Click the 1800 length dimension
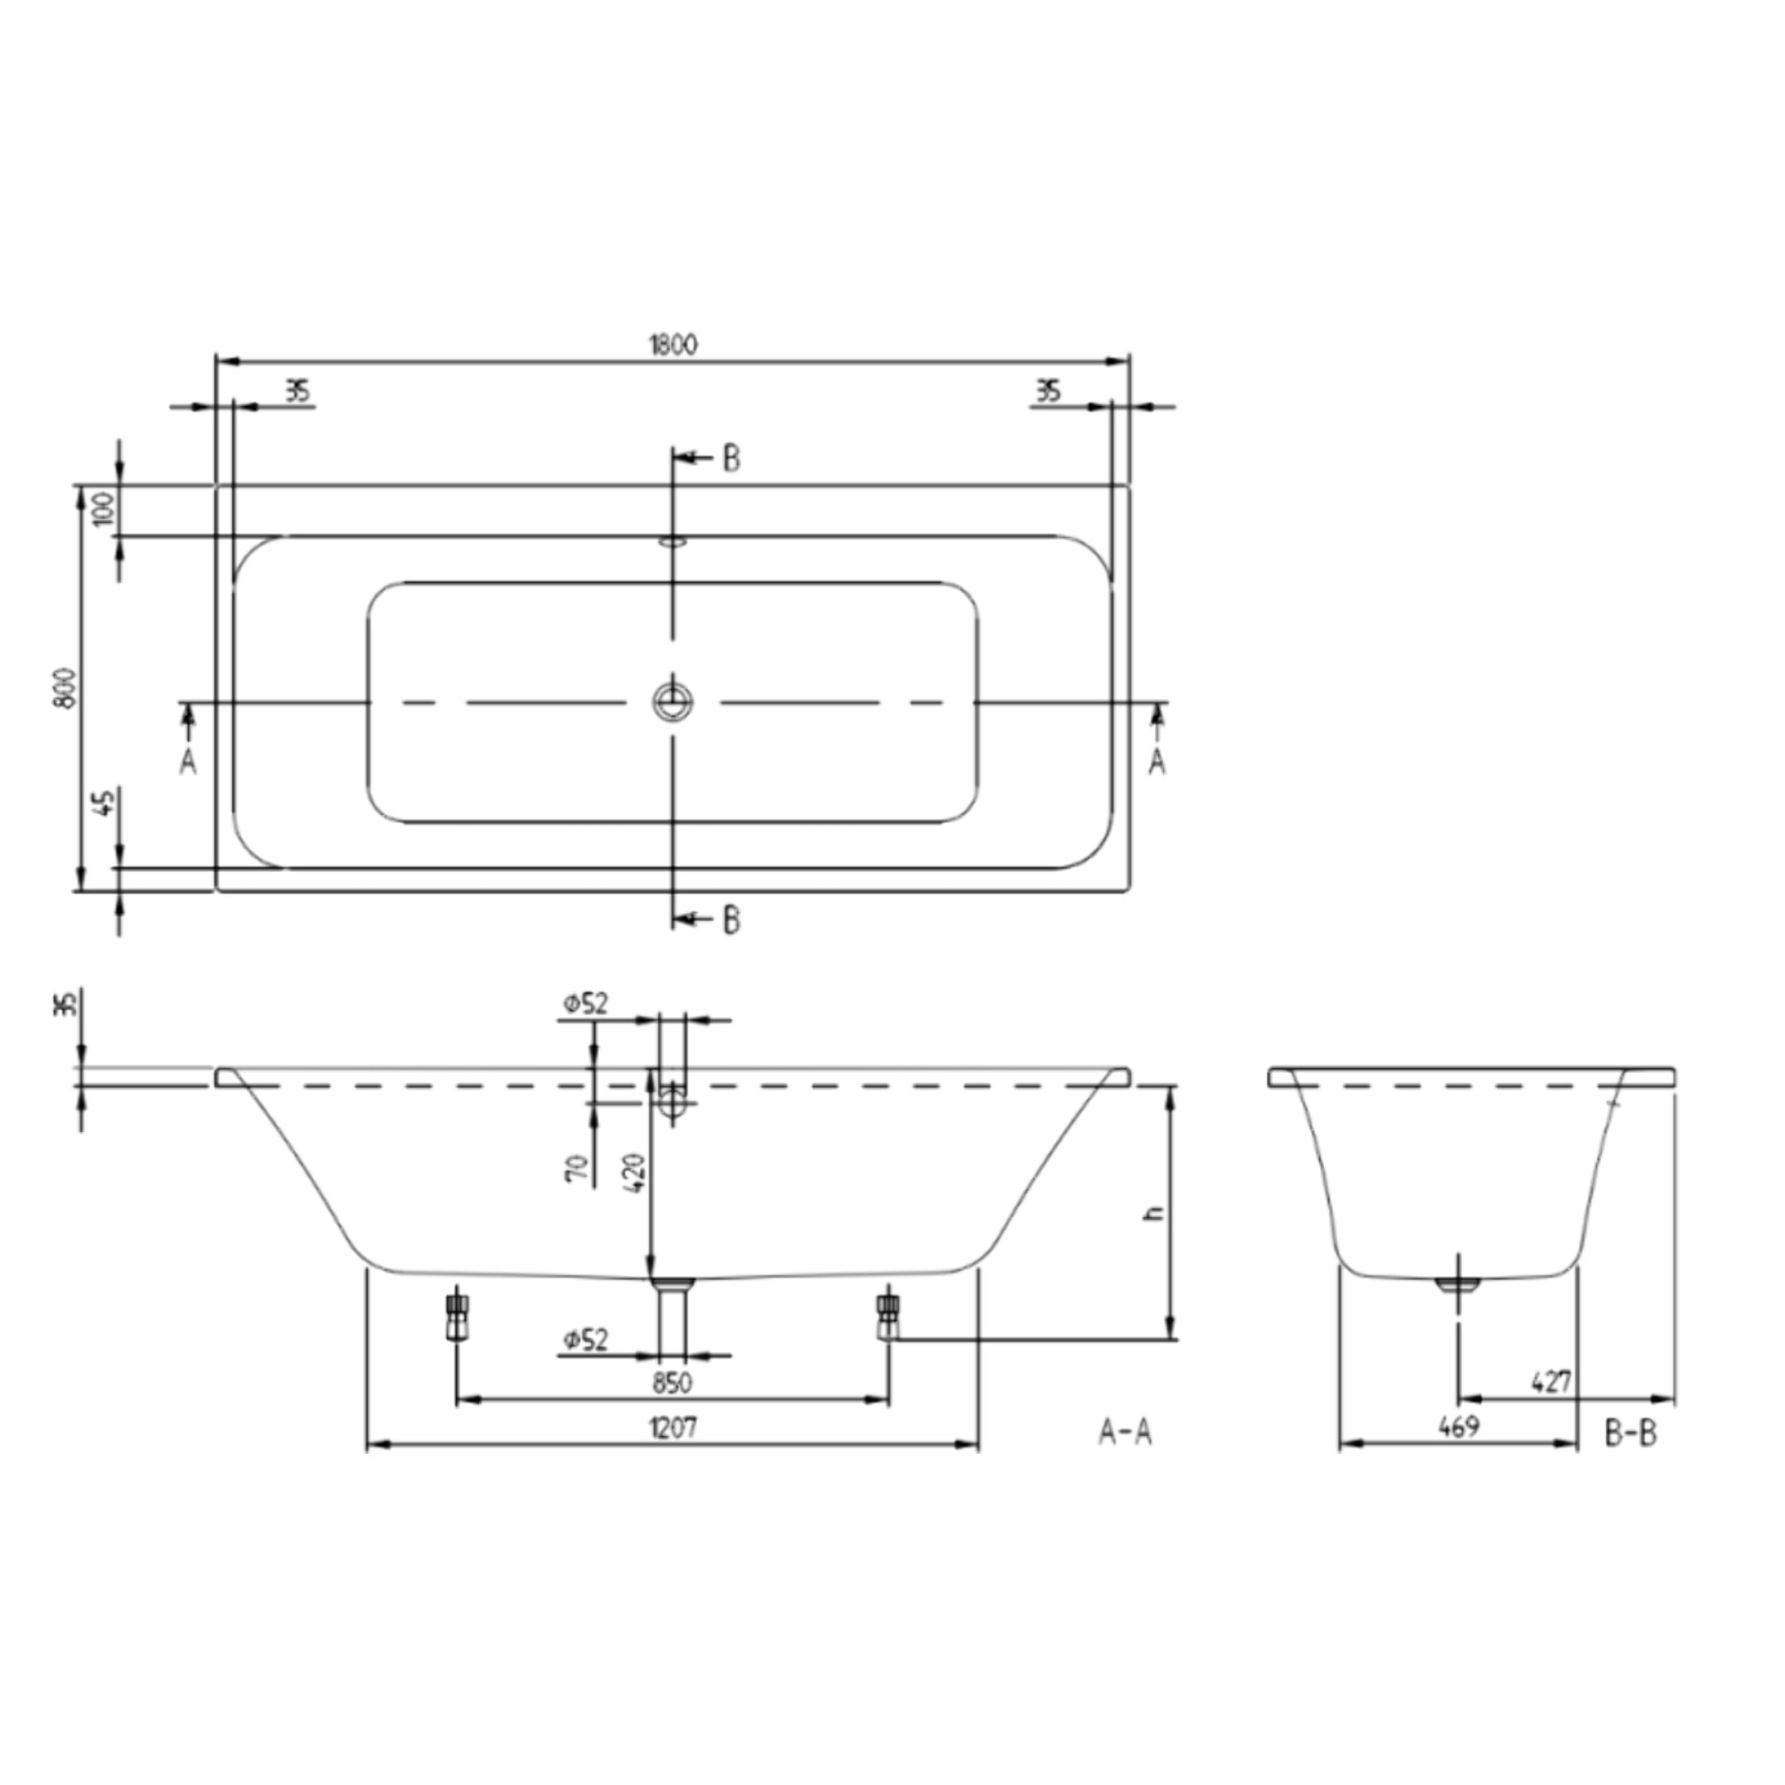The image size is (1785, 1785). pos(673,344)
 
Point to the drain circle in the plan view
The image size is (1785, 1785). pos(672,701)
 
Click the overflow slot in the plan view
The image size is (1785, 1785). pos(673,540)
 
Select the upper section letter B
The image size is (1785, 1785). pos(732,458)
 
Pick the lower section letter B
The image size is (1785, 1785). pos(732,921)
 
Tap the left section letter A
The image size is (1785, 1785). pos(188,762)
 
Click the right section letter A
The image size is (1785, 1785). pos(1157,762)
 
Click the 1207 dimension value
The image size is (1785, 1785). pos(673,1427)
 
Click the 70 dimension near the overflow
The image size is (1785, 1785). pos(579,1171)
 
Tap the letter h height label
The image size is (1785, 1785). pos(1156,1212)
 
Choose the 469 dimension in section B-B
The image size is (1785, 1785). pos(1458,1427)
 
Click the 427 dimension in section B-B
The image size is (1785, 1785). pos(1552,1381)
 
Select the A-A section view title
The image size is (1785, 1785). pos(1125,1432)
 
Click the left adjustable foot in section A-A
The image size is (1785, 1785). pos(456,1317)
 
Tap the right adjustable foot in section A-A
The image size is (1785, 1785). pos(887,1315)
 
